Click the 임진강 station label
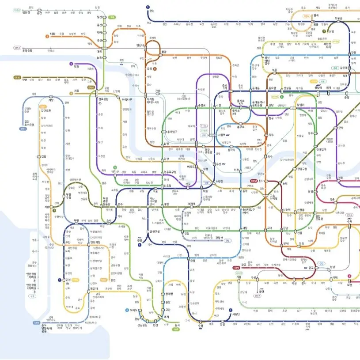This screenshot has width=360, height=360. pos(27,12)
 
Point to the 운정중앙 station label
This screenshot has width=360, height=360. pos(28,50)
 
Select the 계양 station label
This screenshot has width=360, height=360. pos(51,100)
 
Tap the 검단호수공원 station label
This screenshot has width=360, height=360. pos(27,123)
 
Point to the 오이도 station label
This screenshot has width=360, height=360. pos(133,310)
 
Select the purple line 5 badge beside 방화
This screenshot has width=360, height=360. pos(71,64)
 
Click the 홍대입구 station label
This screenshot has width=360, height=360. pos(170,132)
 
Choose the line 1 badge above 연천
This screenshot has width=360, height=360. pos(147,7)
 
